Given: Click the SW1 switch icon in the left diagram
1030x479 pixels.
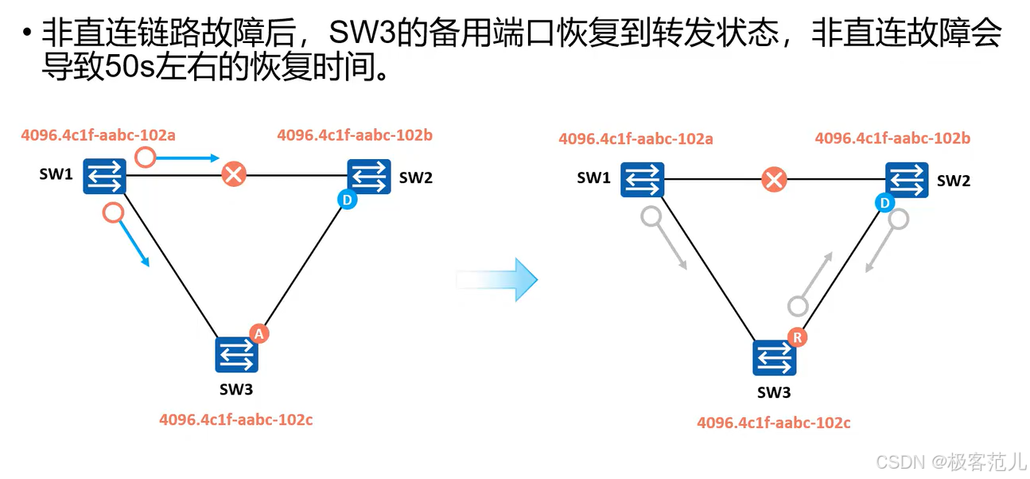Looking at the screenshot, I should (105, 176).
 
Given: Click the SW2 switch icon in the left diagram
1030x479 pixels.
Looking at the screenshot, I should (369, 176).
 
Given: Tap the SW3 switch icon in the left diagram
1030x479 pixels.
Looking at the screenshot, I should (237, 355).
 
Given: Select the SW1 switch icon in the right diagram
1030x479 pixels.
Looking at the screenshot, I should (642, 179).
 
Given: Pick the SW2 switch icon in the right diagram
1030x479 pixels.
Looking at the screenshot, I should (907, 179).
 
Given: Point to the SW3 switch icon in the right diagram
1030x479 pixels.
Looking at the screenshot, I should (774, 359).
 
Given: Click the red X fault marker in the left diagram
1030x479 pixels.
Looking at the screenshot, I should (233, 174).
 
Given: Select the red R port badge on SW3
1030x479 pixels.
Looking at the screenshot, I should (797, 337).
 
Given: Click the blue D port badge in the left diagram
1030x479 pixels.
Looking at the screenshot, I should (347, 201).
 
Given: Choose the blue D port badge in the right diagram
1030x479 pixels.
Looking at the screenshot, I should (884, 204).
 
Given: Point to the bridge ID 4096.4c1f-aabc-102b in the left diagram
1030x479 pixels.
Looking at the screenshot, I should (355, 135).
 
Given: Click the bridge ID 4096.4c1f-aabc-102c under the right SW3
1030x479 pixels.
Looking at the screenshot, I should (774, 423).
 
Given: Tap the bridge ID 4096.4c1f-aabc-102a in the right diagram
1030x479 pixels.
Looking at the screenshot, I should (635, 139).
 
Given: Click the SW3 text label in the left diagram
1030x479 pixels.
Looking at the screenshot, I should (236, 389).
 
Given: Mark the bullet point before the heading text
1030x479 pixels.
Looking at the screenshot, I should (27, 34).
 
